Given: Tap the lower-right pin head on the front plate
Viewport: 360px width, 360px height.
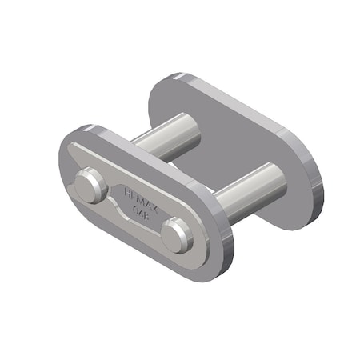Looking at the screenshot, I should (177, 236).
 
